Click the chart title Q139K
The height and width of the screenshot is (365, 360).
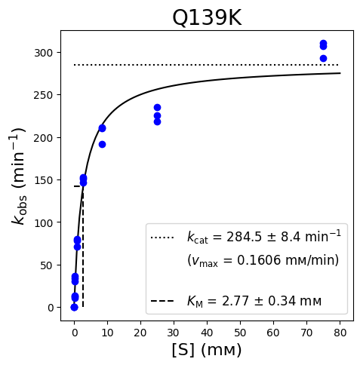[207, 18]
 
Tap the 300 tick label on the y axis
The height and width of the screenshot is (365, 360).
[43, 53]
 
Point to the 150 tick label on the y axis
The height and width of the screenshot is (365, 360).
[43, 180]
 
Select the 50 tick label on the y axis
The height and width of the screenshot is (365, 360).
[47, 265]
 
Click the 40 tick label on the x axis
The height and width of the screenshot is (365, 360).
[207, 333]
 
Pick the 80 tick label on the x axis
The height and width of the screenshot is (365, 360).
[340, 333]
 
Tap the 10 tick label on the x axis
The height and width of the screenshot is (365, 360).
[107, 333]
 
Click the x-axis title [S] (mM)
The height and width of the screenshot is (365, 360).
[207, 350]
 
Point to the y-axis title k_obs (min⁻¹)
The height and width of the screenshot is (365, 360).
[19, 176]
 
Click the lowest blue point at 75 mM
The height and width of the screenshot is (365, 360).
[323, 59]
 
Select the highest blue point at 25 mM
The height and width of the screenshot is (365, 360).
[157, 108]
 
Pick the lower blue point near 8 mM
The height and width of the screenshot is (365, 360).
[102, 145]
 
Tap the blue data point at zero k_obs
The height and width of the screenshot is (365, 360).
[74, 307]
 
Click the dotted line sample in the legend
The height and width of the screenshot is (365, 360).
[162, 238]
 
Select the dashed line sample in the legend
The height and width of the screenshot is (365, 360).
[162, 301]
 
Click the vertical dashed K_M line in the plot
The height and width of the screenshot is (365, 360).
[83, 247]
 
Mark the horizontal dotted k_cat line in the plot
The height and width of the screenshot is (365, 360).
[206, 65]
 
